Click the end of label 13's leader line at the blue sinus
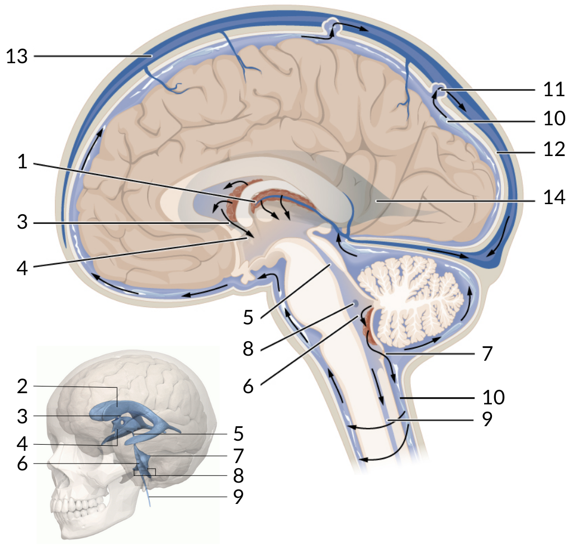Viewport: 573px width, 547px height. tap(151, 56)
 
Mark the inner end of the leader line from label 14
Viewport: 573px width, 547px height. tap(376, 201)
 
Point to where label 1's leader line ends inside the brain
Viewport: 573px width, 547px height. tap(255, 201)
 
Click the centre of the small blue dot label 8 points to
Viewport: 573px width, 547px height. tap(354, 304)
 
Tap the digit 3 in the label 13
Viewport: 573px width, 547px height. tap(22, 56)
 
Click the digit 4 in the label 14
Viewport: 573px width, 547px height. tap(560, 197)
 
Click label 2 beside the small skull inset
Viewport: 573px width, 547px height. tap(22, 386)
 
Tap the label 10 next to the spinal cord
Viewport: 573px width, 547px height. tap(494, 397)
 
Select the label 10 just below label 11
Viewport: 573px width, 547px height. tap(555, 119)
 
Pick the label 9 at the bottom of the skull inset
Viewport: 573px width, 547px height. tap(238, 496)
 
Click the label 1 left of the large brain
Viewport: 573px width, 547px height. tap(22, 162)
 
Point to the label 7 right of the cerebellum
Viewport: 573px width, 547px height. tap(487, 354)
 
